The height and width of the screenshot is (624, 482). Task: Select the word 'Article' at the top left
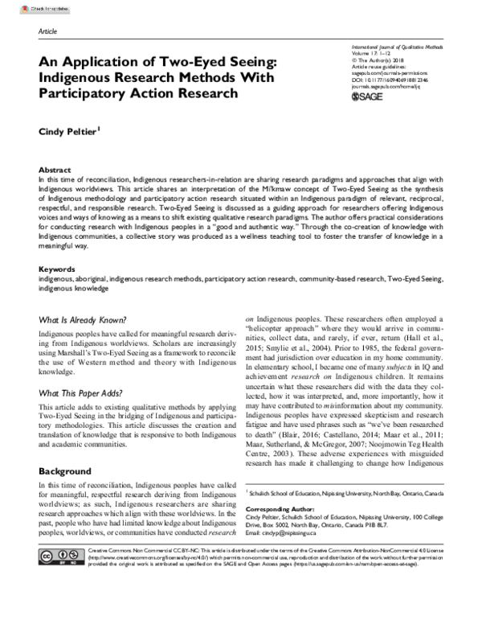point(49,30)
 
